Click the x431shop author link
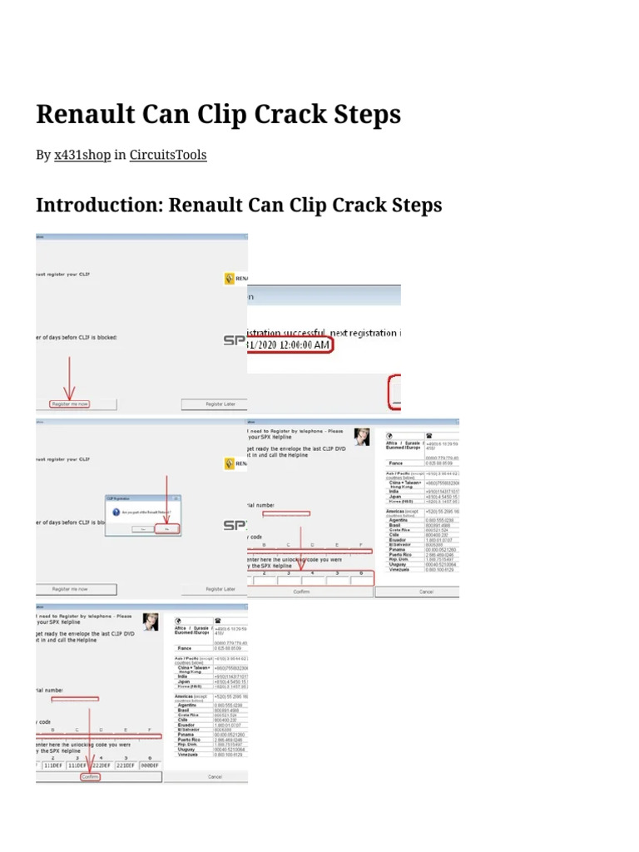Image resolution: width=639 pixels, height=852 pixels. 82,155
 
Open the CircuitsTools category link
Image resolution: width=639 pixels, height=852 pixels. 168,155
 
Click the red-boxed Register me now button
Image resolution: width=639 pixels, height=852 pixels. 70,404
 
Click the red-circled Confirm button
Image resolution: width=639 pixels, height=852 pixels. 90,776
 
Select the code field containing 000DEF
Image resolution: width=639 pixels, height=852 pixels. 151,766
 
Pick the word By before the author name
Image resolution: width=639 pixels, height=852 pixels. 43,155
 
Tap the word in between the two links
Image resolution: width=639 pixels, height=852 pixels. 120,155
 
